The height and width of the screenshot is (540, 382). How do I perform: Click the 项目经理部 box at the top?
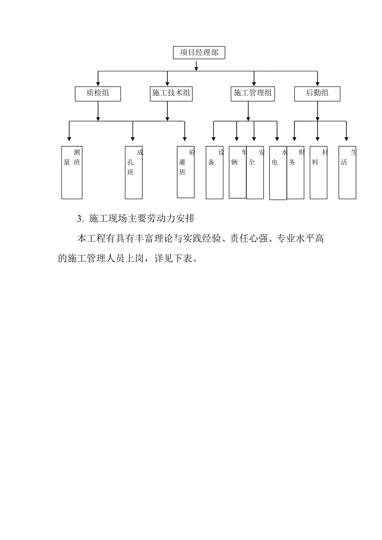199,53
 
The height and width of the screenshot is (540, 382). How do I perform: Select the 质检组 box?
98,94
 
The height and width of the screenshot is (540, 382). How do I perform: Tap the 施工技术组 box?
171,94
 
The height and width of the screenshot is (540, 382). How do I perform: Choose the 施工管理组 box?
253,94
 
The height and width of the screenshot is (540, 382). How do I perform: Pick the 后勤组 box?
317,94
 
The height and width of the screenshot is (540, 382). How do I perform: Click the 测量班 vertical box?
72,173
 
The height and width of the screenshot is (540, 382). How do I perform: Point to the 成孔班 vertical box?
133,173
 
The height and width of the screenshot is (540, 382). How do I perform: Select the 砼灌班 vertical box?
186,172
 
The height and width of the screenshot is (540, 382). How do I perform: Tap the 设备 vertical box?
215,173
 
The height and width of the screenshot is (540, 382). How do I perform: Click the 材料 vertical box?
318,173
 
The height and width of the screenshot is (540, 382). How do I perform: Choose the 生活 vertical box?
347,173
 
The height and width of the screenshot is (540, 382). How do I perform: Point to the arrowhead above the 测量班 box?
69,138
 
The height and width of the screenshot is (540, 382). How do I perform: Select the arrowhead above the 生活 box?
346,138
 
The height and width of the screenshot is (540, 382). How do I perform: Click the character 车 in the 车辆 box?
245,153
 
